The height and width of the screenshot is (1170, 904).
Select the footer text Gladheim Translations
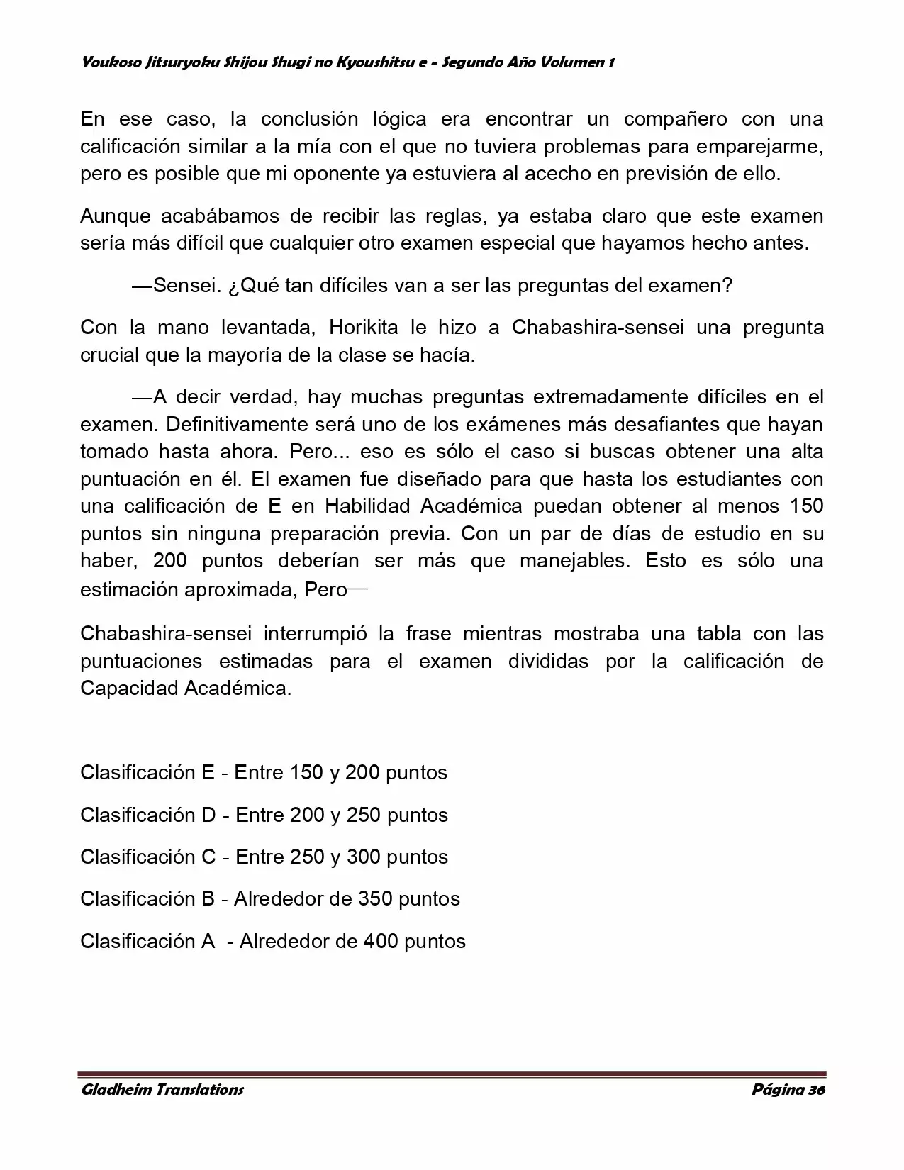[x=162, y=1090]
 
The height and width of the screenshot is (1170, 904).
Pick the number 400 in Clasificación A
[x=381, y=941]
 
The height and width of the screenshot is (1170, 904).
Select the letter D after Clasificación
[x=208, y=815]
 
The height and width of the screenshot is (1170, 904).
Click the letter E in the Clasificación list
[x=208, y=772]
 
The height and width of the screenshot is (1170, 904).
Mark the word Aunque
[x=111, y=216]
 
